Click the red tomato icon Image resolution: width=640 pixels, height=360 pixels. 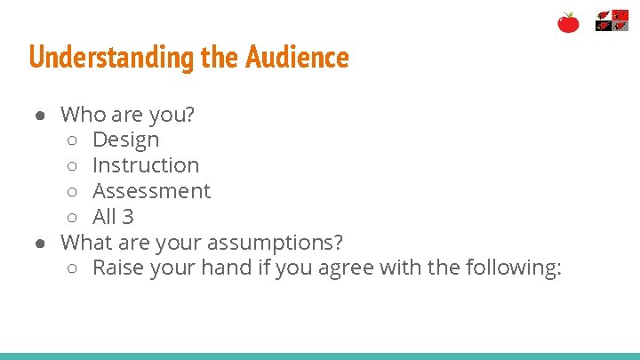click(568, 22)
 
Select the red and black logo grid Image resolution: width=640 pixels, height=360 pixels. click(612, 21)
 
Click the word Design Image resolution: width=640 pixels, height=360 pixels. click(126, 140)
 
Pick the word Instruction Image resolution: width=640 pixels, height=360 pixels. click(146, 165)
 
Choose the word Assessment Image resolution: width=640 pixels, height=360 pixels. click(151, 191)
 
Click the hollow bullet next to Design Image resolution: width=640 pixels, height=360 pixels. click(74, 140)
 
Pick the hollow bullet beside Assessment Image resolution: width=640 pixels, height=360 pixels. click(74, 192)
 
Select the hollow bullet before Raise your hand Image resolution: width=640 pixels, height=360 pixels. click(74, 268)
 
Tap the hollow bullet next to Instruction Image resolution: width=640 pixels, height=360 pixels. click(74, 166)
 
